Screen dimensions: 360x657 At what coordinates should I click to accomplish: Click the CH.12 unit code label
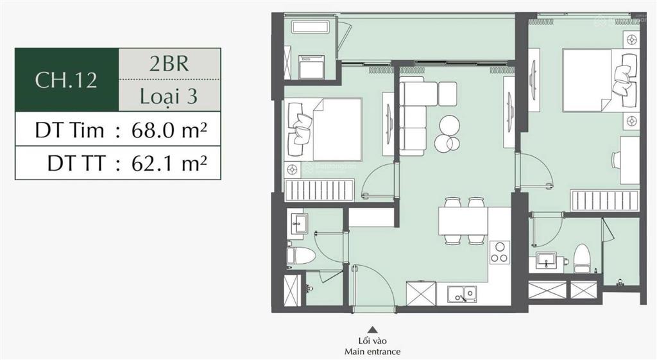(x=66, y=80)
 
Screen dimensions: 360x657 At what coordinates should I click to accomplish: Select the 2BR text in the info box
(x=169, y=65)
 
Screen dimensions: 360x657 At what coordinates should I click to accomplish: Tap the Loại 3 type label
(x=169, y=96)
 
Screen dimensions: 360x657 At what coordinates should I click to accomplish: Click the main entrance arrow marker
(x=371, y=329)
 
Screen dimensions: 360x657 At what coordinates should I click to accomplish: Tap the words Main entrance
(x=371, y=352)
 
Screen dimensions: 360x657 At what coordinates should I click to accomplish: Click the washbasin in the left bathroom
(x=298, y=224)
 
